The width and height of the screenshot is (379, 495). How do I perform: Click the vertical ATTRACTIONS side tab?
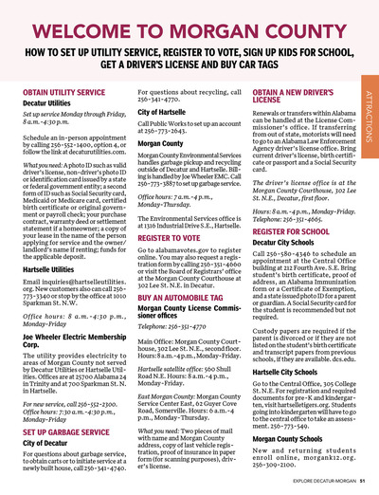369,115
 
